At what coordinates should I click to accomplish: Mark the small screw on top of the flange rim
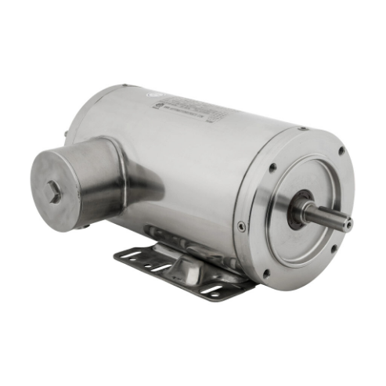click(302, 128)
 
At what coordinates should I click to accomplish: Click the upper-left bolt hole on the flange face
click(272, 167)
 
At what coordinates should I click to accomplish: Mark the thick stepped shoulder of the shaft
click(313, 211)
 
